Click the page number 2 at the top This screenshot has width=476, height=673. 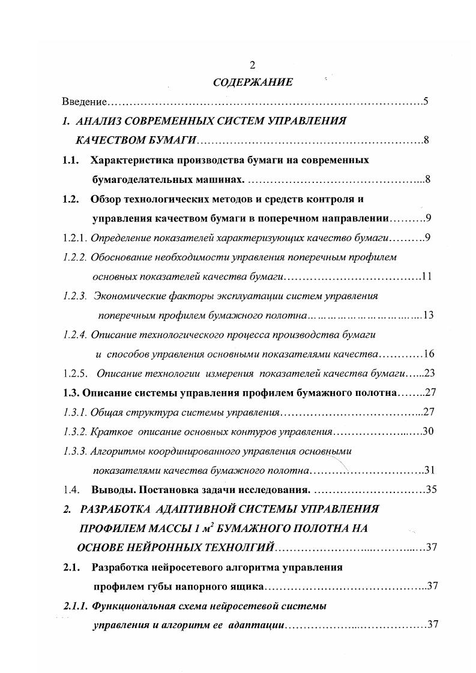(252, 65)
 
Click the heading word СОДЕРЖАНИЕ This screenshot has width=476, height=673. (253, 82)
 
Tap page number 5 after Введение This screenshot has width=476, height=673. (425, 101)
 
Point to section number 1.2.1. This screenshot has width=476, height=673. (75, 238)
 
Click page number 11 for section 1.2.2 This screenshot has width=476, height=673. (427, 277)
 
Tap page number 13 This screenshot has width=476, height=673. (428, 315)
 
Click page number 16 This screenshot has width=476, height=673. (429, 353)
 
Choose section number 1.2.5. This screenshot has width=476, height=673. (75, 373)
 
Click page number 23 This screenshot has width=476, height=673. (429, 373)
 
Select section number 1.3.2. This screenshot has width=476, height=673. (75, 431)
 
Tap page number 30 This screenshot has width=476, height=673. (428, 431)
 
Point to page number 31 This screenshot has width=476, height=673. (429, 470)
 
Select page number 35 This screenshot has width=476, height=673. (431, 489)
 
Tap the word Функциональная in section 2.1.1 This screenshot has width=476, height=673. (129, 606)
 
